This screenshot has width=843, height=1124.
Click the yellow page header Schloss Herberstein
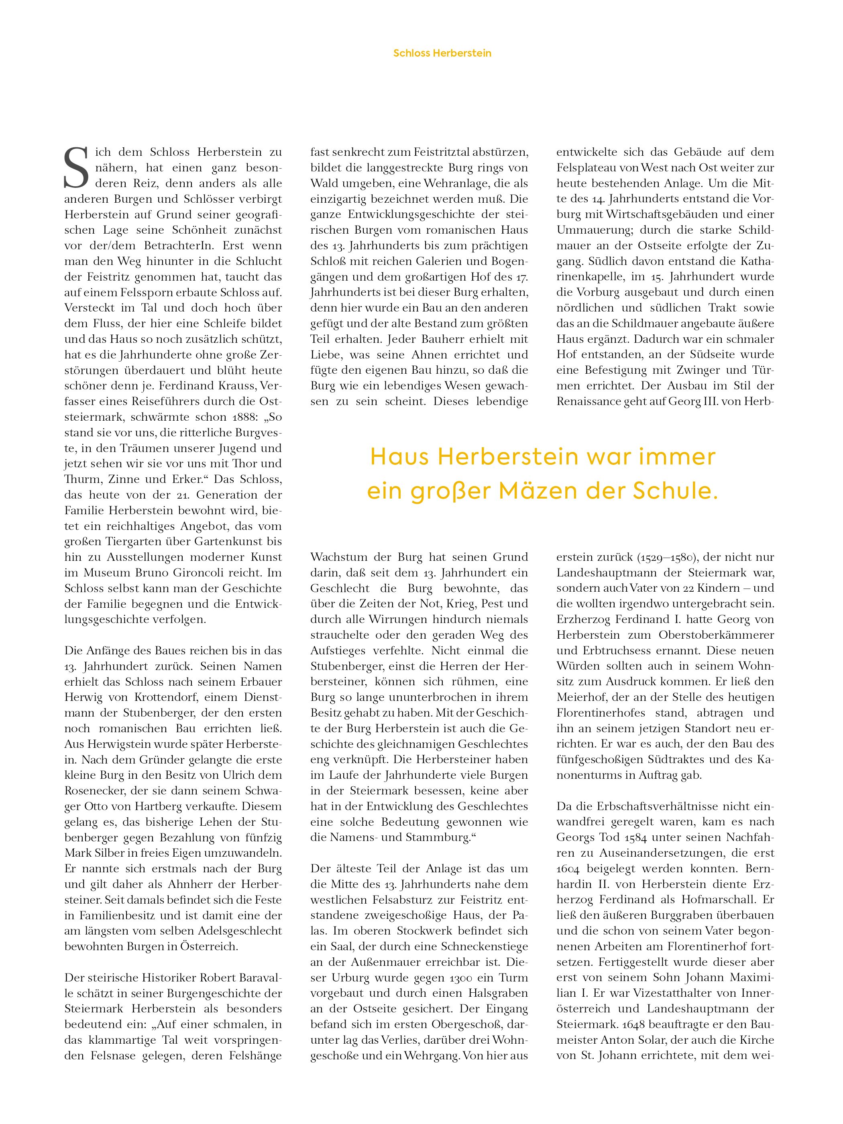click(442, 53)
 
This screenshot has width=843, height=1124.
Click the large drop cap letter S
click(76, 168)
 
